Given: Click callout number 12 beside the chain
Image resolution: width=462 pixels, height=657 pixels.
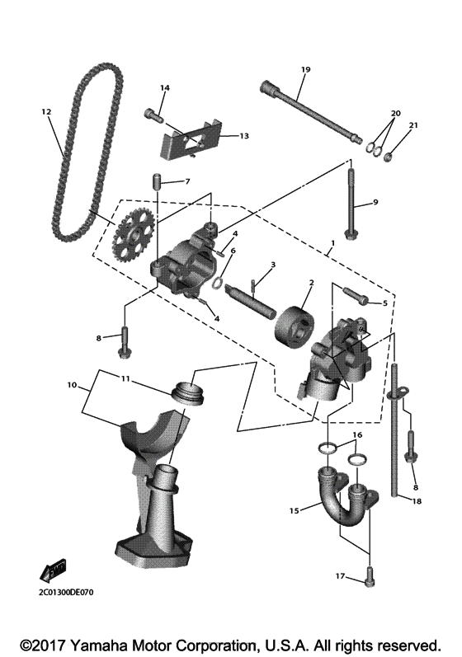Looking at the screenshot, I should tap(45, 110).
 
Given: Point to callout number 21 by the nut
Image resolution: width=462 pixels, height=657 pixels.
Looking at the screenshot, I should tap(413, 125).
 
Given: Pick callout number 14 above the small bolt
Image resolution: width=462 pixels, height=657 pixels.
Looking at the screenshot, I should tap(164, 87).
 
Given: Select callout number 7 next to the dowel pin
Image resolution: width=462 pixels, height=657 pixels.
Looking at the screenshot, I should tap(187, 181).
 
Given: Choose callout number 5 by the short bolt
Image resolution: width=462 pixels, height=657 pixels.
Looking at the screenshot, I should tap(384, 303).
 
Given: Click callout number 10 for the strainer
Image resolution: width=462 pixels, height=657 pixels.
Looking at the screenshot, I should tap(72, 384).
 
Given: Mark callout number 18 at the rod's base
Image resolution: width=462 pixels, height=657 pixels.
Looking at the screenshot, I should tap(417, 500).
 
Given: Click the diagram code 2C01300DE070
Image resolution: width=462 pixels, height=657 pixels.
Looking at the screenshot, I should tap(67, 592).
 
